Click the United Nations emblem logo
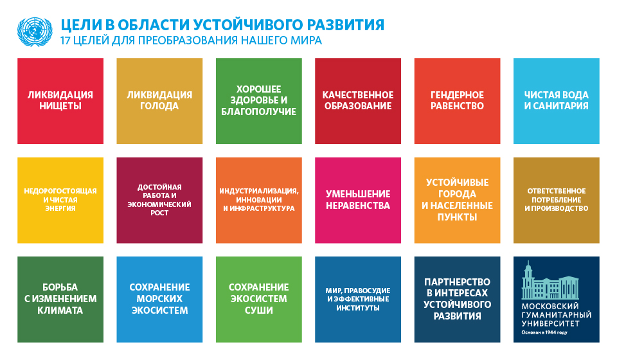[35, 32]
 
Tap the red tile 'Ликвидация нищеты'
[60, 101]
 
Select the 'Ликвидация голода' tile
[159, 101]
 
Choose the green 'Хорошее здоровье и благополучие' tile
[259, 101]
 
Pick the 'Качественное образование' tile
[358, 101]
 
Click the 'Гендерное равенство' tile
[457, 101]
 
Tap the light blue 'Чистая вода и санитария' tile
[557, 101]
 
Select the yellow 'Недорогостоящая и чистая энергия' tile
[60, 201]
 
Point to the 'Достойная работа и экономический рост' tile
[159, 201]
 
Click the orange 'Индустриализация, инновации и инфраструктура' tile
[259, 201]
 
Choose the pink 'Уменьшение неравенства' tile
[358, 201]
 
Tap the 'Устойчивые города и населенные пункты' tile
[457, 201]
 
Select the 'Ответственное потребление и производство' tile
[557, 201]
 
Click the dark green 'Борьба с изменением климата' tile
[60, 300]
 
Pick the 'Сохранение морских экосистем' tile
[159, 300]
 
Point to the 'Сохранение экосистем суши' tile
[259, 300]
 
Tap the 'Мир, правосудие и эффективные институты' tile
[358, 300]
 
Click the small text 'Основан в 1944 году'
[544, 332]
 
